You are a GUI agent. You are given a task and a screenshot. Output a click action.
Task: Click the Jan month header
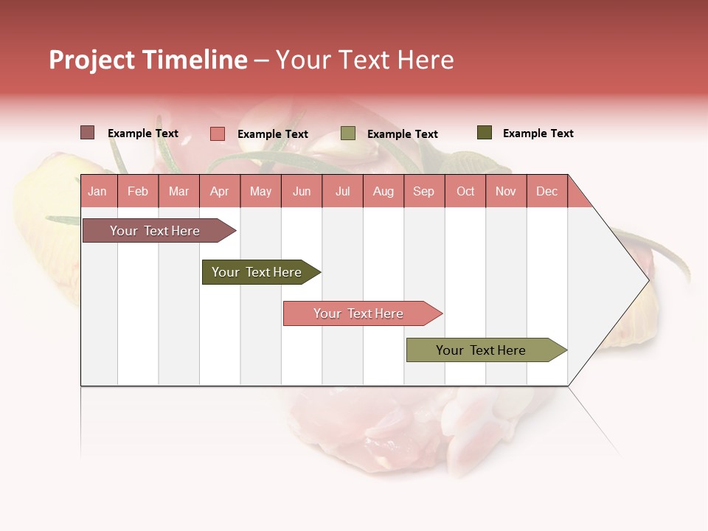(97, 191)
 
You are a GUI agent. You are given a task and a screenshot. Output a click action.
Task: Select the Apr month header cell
(220, 191)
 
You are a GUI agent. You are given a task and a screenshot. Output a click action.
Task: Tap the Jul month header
(342, 191)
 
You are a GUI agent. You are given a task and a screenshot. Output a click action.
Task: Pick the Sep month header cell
(423, 191)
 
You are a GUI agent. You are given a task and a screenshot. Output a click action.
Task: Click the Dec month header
(546, 191)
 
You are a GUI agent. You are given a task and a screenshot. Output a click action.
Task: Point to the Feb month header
(138, 191)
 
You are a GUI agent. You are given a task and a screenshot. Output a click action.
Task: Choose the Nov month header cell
(506, 191)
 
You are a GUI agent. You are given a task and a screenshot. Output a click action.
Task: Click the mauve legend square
(87, 133)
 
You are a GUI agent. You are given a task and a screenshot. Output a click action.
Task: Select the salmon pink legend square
(217, 133)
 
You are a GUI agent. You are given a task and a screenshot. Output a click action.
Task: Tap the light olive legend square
(348, 133)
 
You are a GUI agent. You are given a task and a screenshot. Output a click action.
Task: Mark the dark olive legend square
(484, 133)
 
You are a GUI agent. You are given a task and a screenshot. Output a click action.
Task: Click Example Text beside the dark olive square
(538, 133)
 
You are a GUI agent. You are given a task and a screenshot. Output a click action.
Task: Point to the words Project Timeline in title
(147, 60)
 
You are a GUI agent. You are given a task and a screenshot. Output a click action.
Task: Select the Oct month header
(465, 191)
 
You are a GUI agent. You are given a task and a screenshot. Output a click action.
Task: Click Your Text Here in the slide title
(364, 60)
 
